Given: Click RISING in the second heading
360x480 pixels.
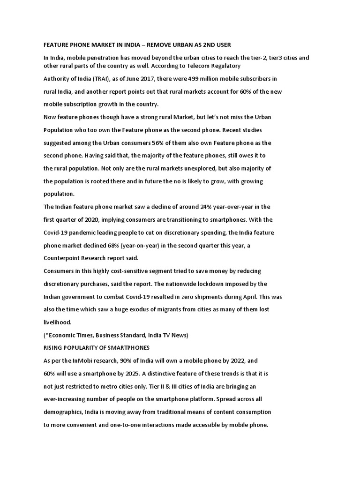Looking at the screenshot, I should pyautogui.click(x=53, y=348).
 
